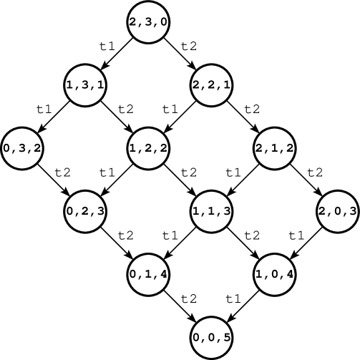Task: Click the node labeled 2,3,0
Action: click(x=148, y=22)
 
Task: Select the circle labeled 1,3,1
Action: click(x=86, y=85)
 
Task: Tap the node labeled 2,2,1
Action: click(x=211, y=85)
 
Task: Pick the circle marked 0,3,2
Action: click(x=23, y=148)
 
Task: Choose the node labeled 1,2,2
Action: click(x=148, y=148)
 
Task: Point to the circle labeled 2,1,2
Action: click(x=275, y=148)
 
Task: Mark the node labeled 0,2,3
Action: click(x=86, y=211)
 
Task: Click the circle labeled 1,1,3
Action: click(x=211, y=211)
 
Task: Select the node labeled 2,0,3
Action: click(x=337, y=211)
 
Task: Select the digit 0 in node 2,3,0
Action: click(x=163, y=22)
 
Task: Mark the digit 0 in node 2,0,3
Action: click(x=337, y=211)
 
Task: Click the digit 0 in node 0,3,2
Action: click(x=8, y=148)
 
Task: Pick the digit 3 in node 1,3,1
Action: click(x=86, y=85)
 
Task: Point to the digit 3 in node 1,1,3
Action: click(x=226, y=211)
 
